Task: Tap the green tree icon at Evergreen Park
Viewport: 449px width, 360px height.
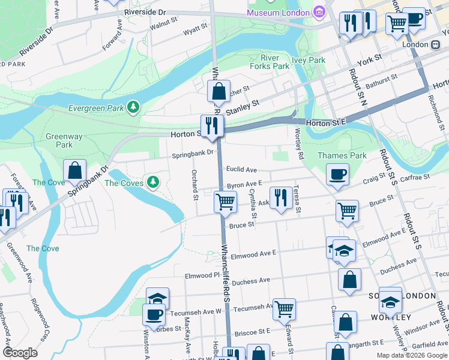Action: coord(133,107)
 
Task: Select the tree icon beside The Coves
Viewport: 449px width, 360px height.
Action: coord(154,181)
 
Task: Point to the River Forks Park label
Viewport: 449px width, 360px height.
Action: coord(275,62)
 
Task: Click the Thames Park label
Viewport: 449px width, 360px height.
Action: coord(350,155)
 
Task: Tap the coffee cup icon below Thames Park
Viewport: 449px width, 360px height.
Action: coord(337,174)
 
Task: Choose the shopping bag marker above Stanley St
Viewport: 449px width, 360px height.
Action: coord(219,92)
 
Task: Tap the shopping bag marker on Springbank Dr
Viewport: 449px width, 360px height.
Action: coord(74,170)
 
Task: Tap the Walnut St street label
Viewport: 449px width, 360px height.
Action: coord(163,26)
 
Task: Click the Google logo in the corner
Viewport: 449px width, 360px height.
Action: coord(20,353)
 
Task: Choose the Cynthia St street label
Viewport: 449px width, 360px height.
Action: coord(254,205)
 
